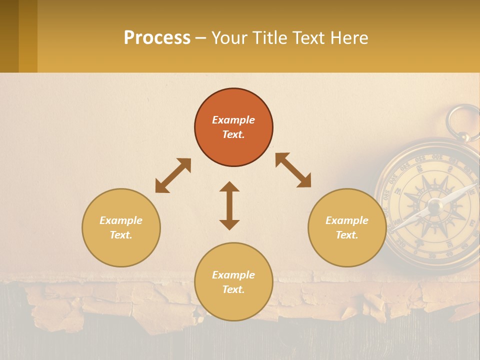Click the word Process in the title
click(157, 38)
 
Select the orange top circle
click(233, 127)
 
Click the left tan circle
click(121, 227)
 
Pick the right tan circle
click(347, 227)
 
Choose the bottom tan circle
click(233, 282)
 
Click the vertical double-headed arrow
click(229, 205)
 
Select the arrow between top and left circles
click(173, 175)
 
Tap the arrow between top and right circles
click(293, 170)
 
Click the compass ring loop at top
click(463, 121)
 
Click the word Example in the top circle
click(233, 120)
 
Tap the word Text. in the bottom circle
click(233, 289)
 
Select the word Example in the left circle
click(121, 220)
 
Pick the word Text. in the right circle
click(347, 235)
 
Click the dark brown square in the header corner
click(9, 36)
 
